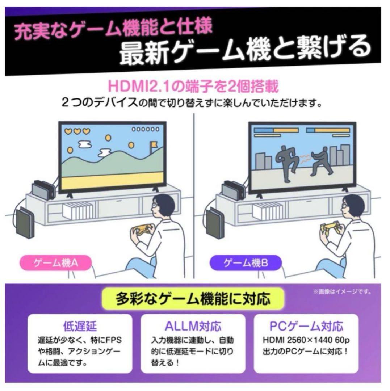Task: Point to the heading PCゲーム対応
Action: pos(306,327)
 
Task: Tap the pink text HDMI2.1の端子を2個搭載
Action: pos(194,88)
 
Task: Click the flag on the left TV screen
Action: pos(154,144)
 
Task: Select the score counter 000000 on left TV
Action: pos(145,129)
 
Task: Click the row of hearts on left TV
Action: pos(77,131)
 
